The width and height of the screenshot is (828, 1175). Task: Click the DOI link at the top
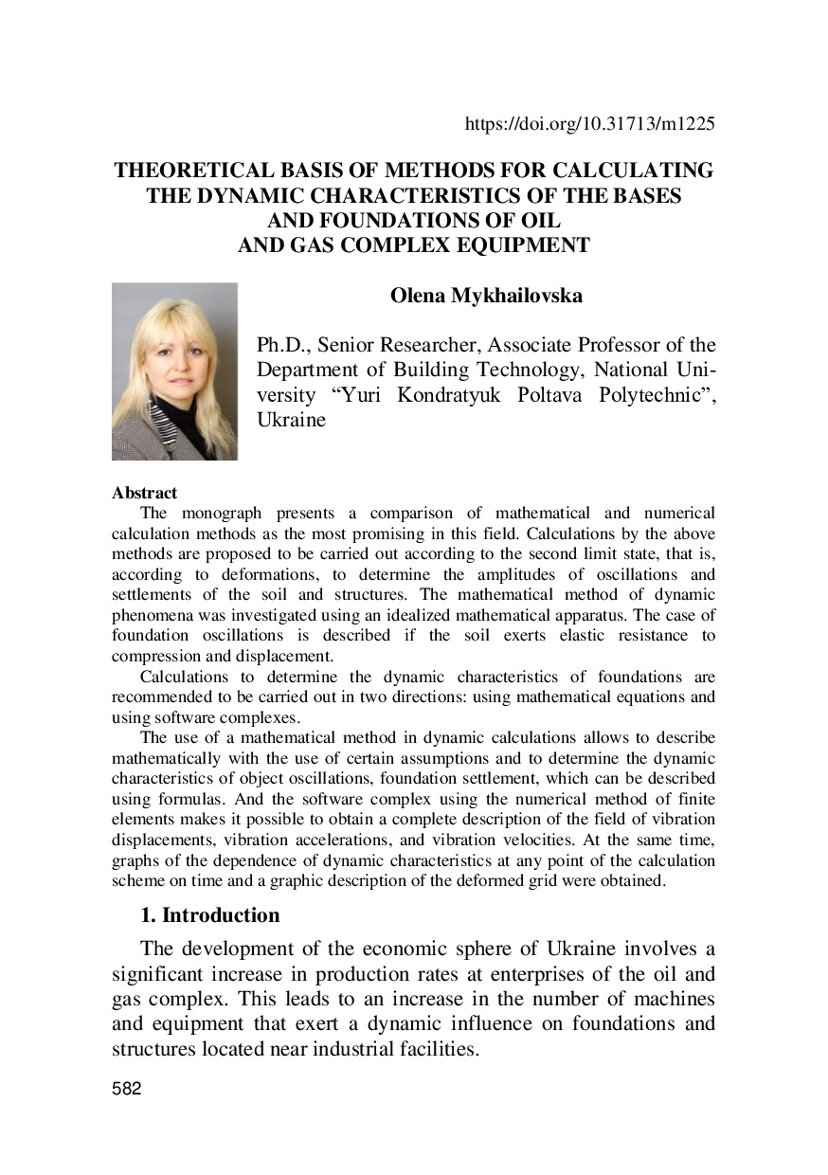pos(589,123)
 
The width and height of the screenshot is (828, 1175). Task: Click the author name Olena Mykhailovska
pos(486,295)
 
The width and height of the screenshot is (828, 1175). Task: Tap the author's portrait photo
pos(174,371)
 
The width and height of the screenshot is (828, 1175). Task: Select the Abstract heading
pos(144,493)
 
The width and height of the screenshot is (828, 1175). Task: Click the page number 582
pos(126,1089)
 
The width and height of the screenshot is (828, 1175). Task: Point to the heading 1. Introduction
pos(209,915)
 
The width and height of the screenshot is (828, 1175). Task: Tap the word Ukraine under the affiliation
pos(292,420)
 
